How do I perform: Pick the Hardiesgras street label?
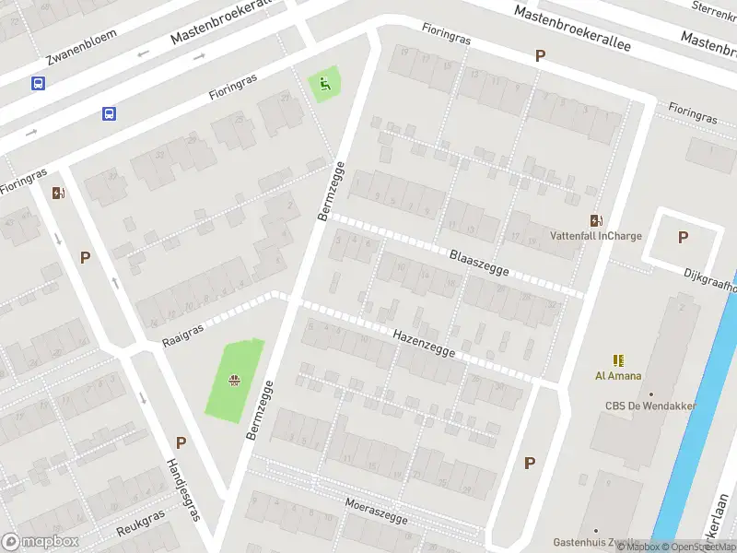coord(182,488)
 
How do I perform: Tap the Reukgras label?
coord(141,524)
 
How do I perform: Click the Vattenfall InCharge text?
coord(595,236)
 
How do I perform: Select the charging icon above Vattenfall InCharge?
coord(595,219)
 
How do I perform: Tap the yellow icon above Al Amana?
coord(617,360)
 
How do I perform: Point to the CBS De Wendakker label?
coord(650,406)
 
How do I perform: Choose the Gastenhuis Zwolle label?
coord(593,542)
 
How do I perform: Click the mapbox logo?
coord(40,542)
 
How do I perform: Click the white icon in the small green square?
coord(323,85)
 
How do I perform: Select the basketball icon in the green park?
coord(236,378)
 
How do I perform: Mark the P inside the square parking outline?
coord(683,237)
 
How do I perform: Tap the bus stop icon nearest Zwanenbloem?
coord(38,83)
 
